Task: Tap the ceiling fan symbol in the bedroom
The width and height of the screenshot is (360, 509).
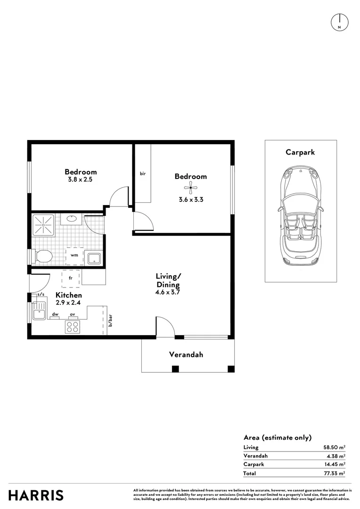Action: pos(190,189)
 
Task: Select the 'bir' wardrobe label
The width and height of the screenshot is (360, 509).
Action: pos(142,174)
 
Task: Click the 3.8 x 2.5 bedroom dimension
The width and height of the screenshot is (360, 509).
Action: pos(81,180)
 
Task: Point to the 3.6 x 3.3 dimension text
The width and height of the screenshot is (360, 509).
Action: pos(190,199)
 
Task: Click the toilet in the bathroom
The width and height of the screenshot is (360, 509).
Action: pos(43,256)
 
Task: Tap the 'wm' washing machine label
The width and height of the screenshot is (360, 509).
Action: pos(74,255)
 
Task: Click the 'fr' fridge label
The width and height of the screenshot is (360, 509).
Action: pos(71,278)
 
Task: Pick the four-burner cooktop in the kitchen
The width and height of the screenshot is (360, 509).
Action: pos(73,326)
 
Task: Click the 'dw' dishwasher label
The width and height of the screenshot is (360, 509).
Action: pos(55,314)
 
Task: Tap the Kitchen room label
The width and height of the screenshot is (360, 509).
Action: pos(69,295)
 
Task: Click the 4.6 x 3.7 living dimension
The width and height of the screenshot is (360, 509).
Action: pos(168,292)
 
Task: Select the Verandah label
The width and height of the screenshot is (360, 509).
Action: pos(186,354)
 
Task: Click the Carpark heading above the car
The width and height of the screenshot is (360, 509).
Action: pos(300,152)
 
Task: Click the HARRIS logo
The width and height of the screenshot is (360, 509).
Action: pos(36,495)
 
